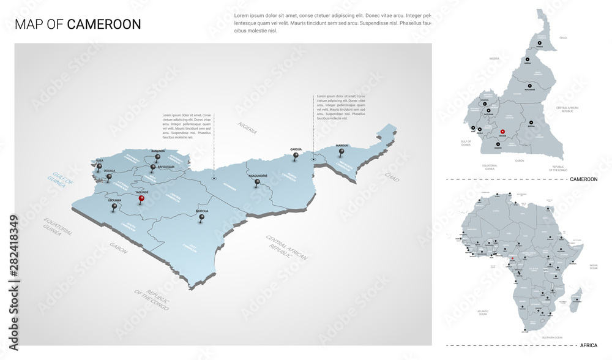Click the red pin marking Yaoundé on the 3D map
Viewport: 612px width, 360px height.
click(141, 198)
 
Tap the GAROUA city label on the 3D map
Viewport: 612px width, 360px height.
click(296, 149)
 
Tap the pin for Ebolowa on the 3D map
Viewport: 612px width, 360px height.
click(114, 207)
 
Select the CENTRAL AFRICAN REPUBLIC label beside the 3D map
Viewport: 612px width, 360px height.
click(286, 247)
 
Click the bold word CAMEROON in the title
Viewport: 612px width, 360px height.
click(104, 24)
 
